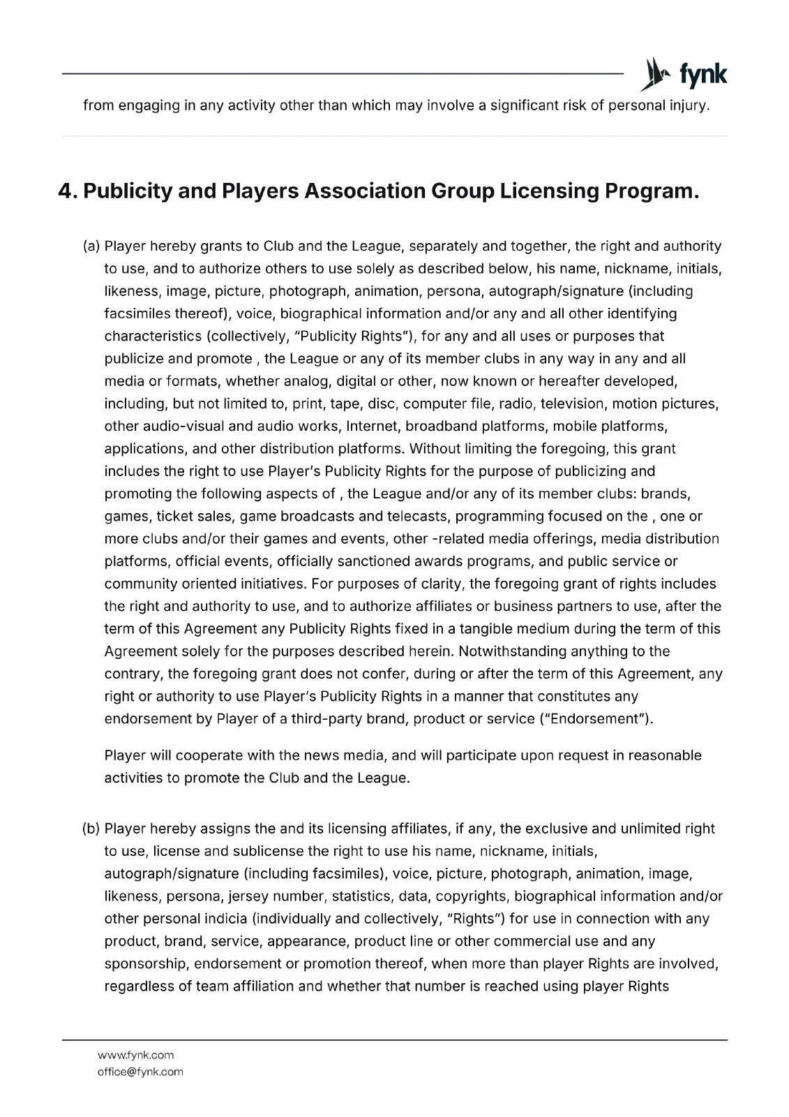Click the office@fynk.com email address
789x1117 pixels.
(140, 1072)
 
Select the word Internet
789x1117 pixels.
(373, 427)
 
